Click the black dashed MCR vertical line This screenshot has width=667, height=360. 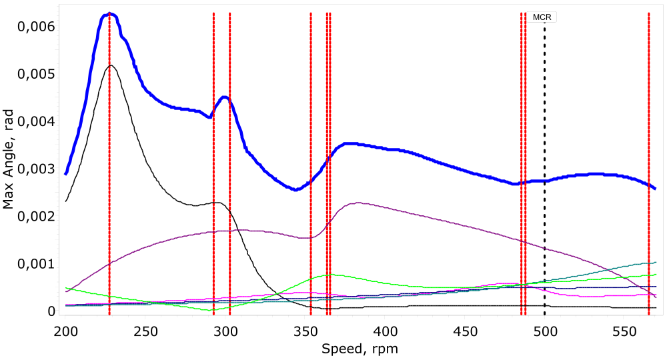pos(544,167)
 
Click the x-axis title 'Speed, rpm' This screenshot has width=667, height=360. pos(360,348)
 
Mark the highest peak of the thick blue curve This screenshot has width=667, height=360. pos(110,13)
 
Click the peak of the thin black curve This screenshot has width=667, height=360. pos(111,65)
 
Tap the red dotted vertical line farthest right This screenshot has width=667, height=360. pos(648,167)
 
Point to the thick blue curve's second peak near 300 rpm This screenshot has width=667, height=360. pos(225,97)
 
